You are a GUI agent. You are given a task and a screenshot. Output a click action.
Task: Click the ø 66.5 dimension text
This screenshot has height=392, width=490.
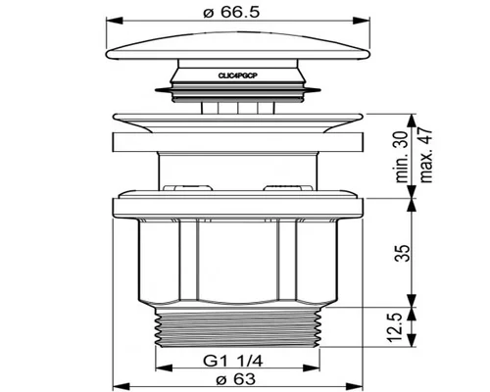pos(231,13)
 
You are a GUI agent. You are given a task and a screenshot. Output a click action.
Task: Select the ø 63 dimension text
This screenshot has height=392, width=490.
pos(236,379)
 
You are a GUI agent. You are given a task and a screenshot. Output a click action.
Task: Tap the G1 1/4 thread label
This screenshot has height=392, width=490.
pos(233,362)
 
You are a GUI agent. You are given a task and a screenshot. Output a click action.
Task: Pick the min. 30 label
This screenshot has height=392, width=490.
pos(402,157)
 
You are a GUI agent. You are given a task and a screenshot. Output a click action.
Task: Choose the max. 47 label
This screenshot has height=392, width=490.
pos(425,156)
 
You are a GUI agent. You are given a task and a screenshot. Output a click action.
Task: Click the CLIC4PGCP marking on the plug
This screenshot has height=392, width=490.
pos(238,75)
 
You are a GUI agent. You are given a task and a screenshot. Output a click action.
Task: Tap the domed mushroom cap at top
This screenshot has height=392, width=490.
pos(238,46)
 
